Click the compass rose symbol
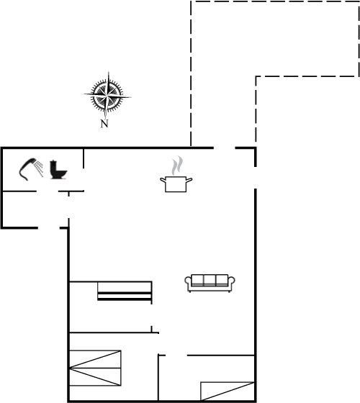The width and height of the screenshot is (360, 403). coord(107,96)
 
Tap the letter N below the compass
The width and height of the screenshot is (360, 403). coord(104,124)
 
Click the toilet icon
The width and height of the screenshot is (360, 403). coord(58,169)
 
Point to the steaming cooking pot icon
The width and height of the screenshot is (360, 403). coord(176,174)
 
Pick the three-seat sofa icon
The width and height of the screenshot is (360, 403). coord(210,284)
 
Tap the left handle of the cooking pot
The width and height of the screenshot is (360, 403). coord(163,180)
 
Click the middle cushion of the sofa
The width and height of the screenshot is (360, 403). coord(210,280)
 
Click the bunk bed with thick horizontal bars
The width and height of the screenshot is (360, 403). coord(125,291)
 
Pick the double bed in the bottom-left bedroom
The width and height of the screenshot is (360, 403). coord(95,368)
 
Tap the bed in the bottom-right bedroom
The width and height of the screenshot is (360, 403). coord(228,391)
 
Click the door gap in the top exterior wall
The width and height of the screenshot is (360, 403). coord(224,148)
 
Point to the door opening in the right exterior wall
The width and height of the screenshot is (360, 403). coord(256,178)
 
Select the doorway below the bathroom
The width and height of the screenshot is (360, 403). coord(47,191)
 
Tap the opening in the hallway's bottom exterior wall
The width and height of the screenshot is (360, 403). coord(49,227)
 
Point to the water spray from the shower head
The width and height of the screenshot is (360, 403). coord(40,168)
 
